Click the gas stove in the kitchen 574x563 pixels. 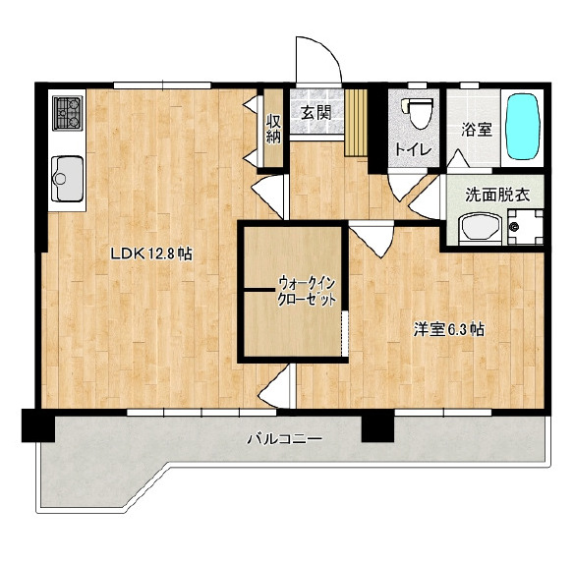pos(67,113)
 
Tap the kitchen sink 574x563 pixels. pos(67,179)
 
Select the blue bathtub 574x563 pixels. pos(522,127)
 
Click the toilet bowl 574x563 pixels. pos(418,112)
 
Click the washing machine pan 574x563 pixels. pos(525,227)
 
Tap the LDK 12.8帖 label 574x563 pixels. pos(151,253)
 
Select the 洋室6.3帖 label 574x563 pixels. pos(449,329)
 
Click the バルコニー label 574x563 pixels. pos(284,438)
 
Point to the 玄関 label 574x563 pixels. pos(316,112)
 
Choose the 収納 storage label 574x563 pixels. pos(273,129)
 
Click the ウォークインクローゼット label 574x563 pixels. pos(307,292)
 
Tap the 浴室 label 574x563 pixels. pos(477,130)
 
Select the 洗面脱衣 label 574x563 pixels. pos(497,196)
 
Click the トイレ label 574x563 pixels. pos(414,149)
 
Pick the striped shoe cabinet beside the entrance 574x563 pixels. pos(356,122)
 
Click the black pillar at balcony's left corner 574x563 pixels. pos(38,425)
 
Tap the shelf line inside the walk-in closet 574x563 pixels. pos(258,290)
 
